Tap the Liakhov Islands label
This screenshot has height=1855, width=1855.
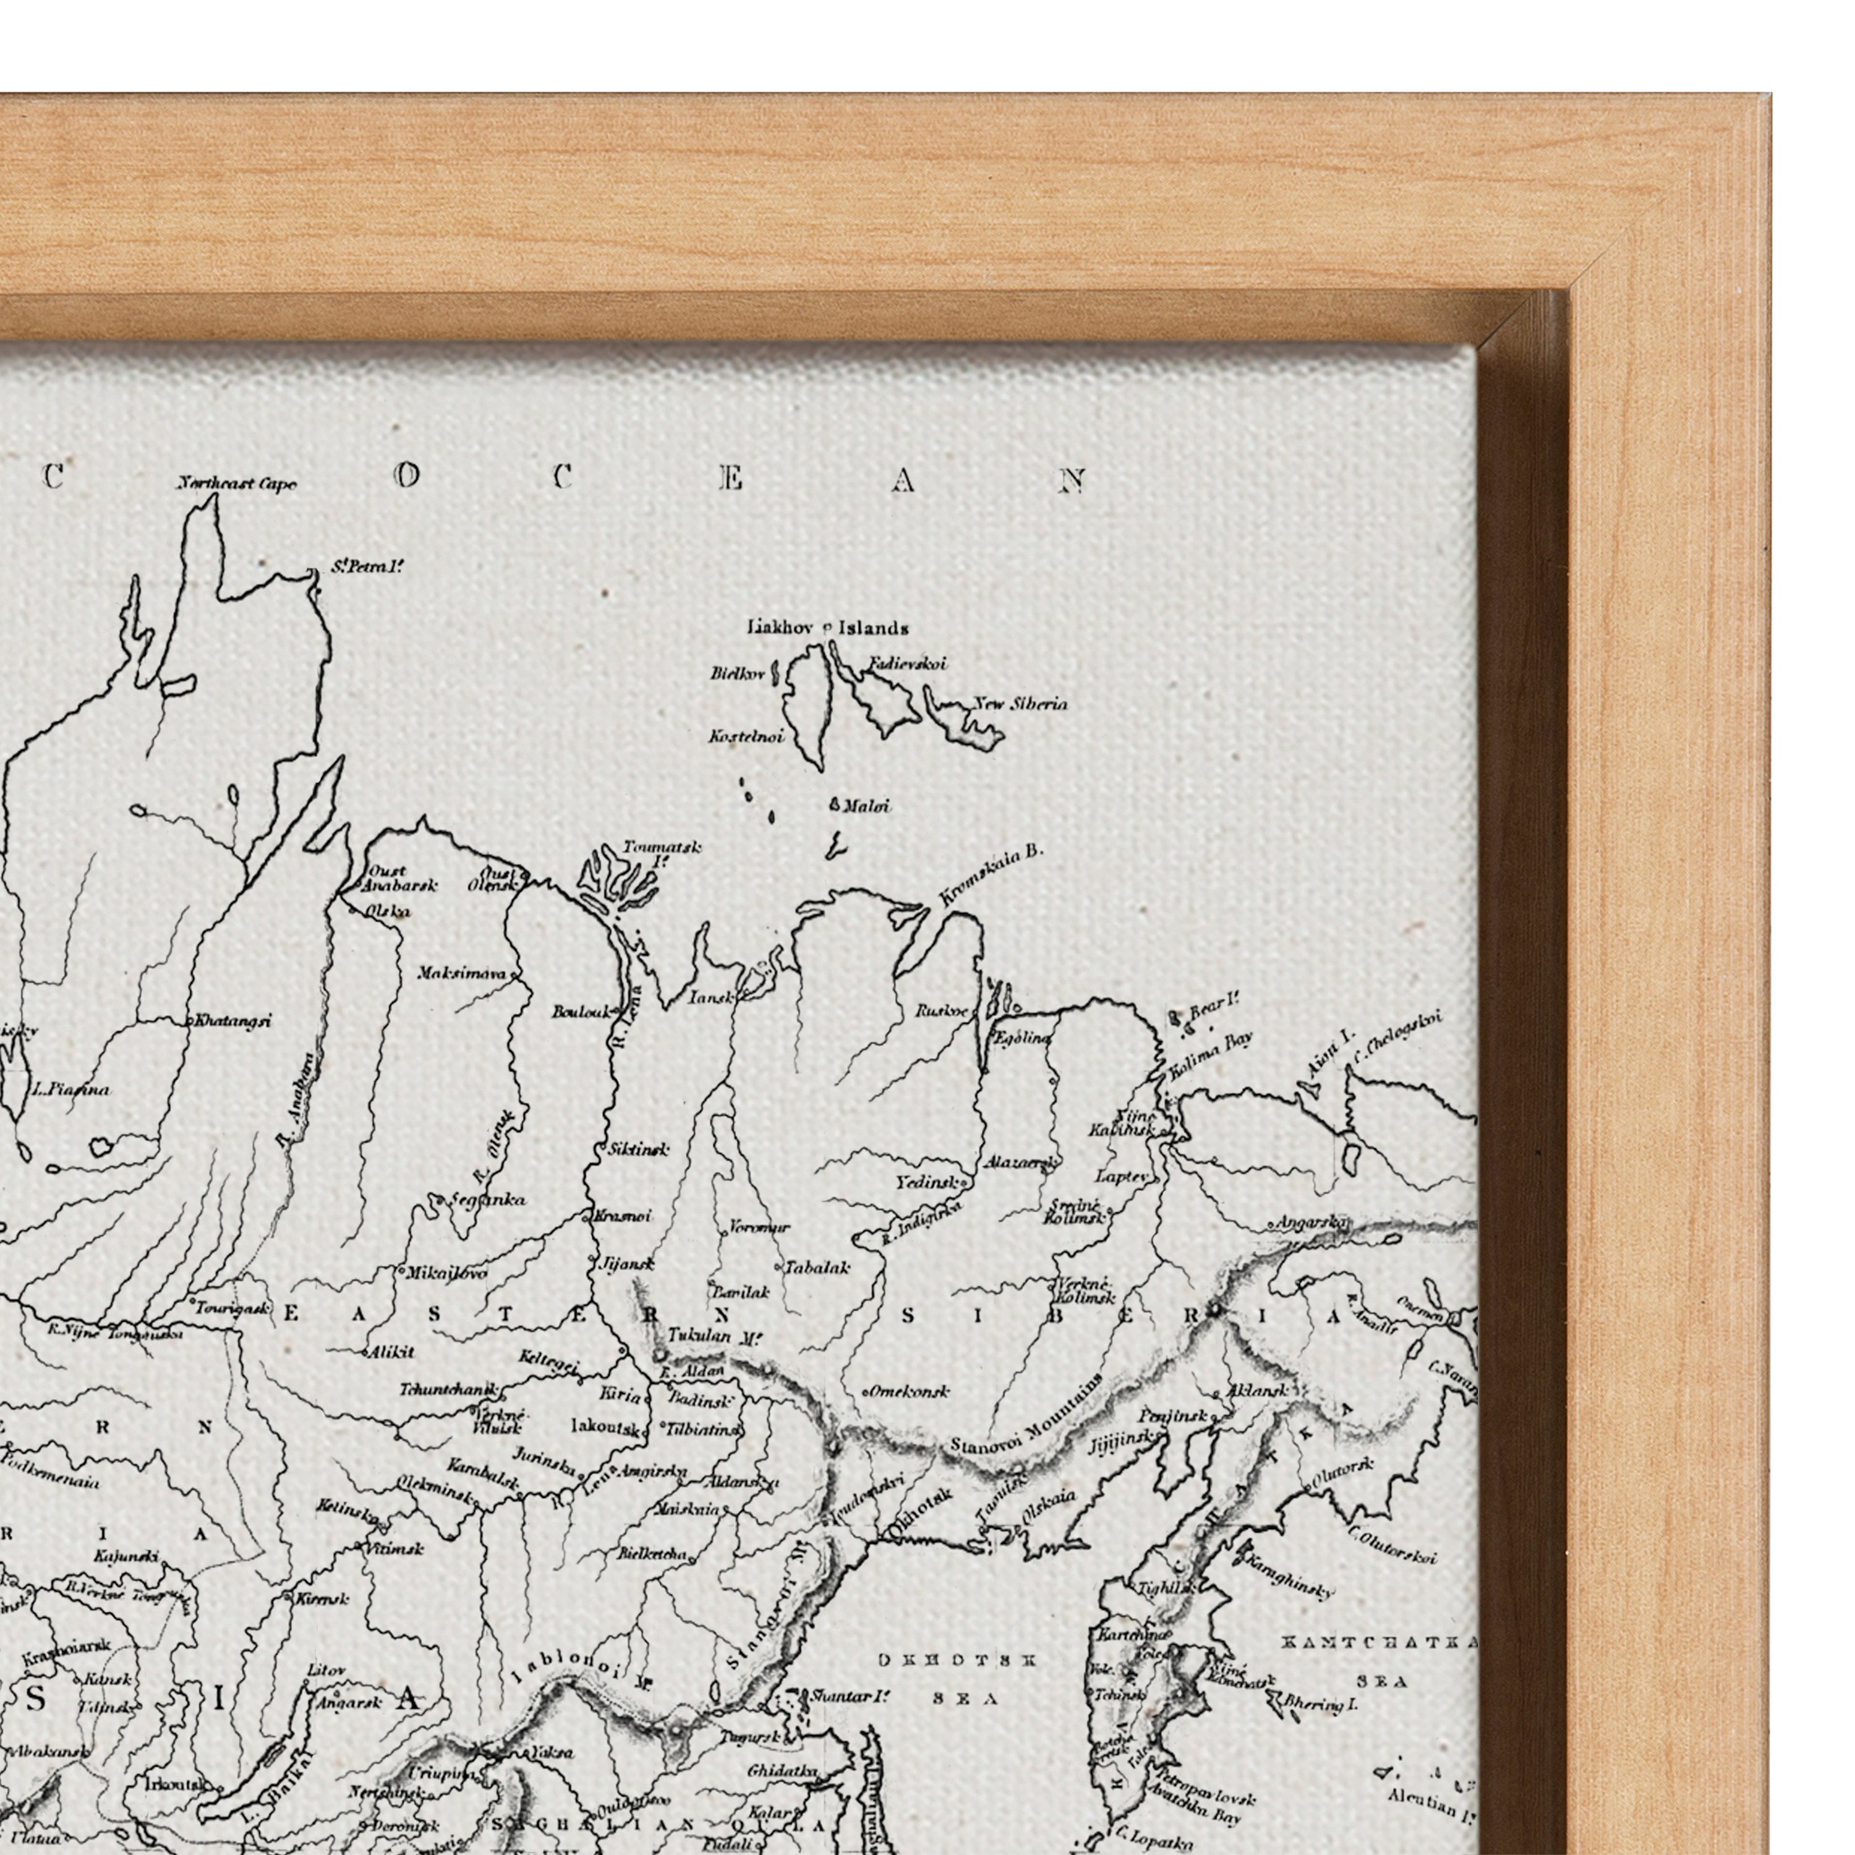click(x=828, y=628)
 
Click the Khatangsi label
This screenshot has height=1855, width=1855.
click(x=232, y=1021)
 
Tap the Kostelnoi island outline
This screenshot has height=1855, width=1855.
click(x=804, y=706)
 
